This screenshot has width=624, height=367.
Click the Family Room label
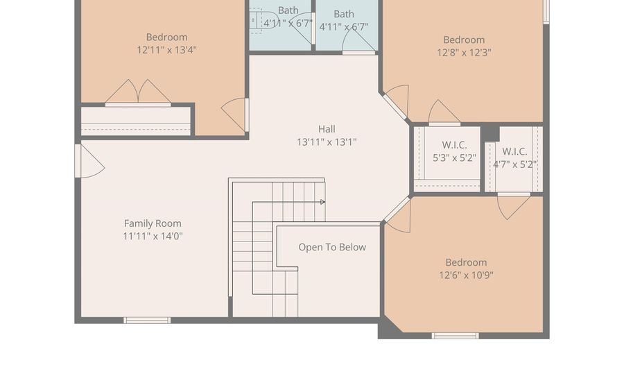(153, 223)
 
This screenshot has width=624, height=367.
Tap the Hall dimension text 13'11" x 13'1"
(327, 142)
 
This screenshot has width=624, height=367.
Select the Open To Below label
(332, 247)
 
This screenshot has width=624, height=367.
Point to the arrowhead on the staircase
(322, 202)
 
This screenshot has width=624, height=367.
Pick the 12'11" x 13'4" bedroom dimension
(166, 50)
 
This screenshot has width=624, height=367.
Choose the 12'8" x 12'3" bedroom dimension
(464, 53)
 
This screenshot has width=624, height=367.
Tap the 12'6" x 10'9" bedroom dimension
(466, 275)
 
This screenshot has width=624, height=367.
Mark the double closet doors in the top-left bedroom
(138, 92)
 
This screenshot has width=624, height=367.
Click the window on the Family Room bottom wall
(147, 321)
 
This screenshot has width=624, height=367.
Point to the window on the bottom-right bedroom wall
(456, 336)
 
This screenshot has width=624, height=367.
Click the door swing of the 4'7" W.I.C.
(513, 207)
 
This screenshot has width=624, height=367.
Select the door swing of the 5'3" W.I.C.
(444, 112)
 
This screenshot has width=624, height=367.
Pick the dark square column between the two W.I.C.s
(490, 133)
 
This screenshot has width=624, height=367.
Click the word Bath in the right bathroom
(344, 14)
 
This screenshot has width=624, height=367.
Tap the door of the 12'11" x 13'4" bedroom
(235, 114)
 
